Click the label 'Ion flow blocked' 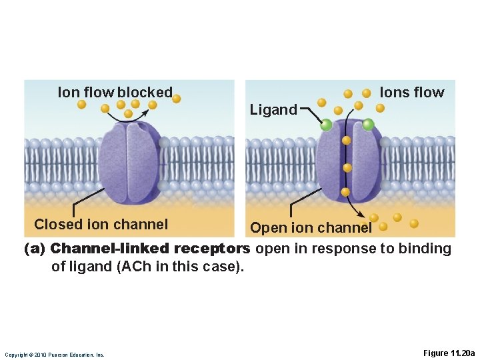click(x=115, y=92)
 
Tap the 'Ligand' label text click(x=273, y=110)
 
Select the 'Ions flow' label click(x=411, y=93)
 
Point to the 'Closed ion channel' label click(x=101, y=225)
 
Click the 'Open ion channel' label click(x=311, y=228)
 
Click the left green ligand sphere click(x=326, y=124)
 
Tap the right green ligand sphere click(x=368, y=124)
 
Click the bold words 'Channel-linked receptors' click(x=150, y=249)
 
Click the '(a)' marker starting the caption click(x=35, y=249)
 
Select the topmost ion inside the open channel click(x=346, y=141)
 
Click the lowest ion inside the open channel click(x=345, y=192)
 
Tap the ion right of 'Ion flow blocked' click(x=176, y=99)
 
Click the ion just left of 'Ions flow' click(x=366, y=93)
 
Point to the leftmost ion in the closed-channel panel click(x=81, y=105)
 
